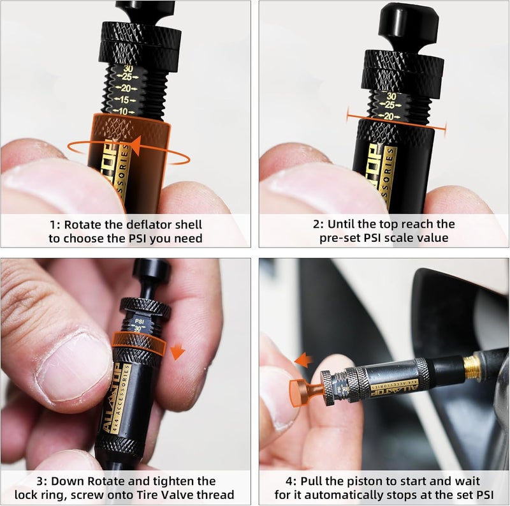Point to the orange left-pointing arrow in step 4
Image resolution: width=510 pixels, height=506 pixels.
[x=303, y=361]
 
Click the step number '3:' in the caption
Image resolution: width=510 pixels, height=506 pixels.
[x=44, y=480]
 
